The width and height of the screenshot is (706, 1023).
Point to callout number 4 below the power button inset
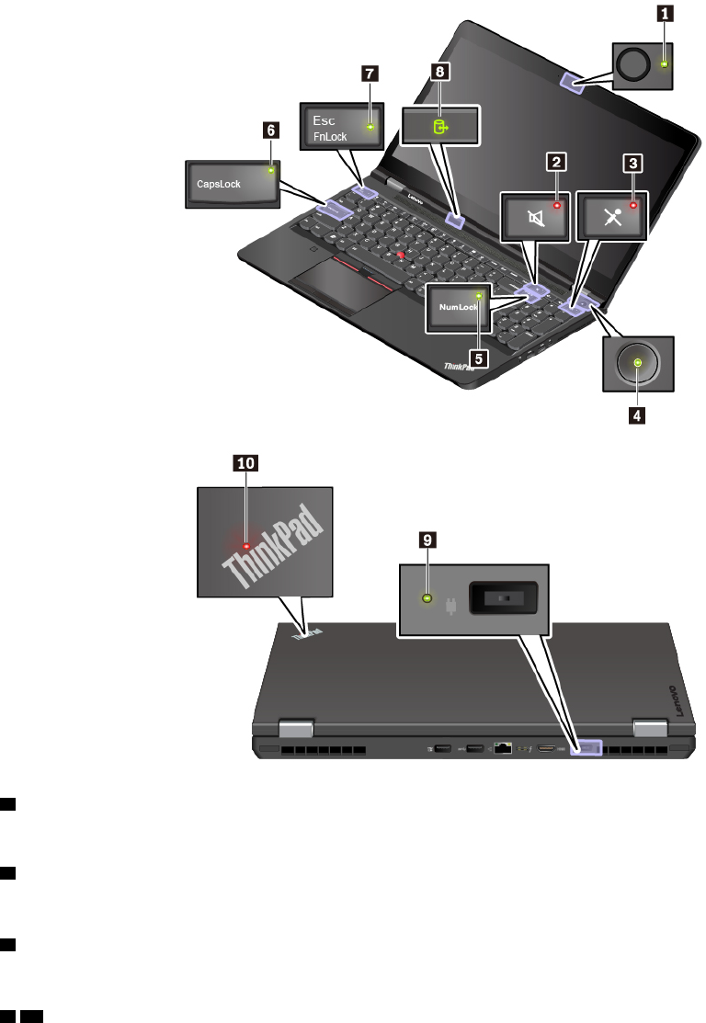[636, 415]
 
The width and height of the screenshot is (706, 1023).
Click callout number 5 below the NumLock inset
[476, 355]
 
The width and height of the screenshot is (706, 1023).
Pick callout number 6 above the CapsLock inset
[269, 131]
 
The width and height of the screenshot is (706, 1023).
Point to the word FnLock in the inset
[329, 134]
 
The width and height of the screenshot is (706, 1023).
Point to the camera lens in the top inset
[633, 64]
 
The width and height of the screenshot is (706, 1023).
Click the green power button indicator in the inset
[637, 365]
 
